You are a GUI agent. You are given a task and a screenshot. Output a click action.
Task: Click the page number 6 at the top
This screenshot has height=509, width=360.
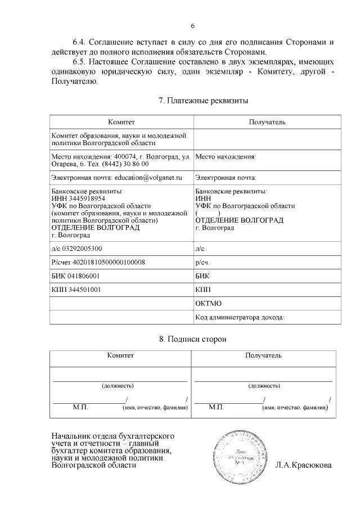192,26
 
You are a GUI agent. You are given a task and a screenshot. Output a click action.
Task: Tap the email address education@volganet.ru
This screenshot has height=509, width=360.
148,178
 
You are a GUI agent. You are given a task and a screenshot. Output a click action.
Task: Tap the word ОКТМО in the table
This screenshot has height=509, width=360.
208,304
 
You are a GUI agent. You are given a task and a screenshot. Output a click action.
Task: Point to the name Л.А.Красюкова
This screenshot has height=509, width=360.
303,466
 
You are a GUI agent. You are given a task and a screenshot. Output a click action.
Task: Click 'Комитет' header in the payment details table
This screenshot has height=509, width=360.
121,121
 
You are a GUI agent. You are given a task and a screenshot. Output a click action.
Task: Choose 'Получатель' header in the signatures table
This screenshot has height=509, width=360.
263,355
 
